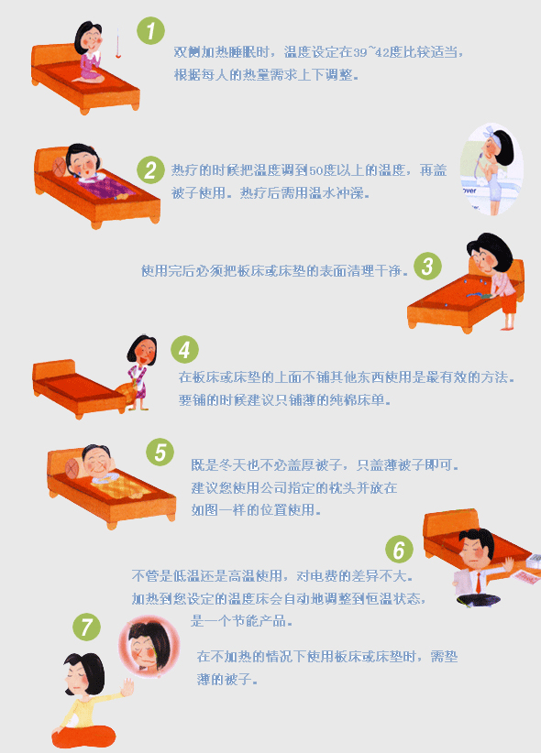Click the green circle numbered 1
pos(150,31)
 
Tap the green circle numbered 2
pos(150,170)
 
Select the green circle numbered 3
pos(427,266)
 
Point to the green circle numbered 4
pos(184,349)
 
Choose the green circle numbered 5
pos(160,452)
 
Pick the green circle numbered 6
pos(399,550)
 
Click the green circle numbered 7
pos(86,627)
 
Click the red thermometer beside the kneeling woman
pos(117,43)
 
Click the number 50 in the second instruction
pos(316,170)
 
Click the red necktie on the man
pos(479,583)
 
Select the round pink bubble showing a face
pos(149,647)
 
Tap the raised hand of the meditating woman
pos(127,687)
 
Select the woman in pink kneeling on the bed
pos(90,52)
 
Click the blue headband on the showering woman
pos(491,132)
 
